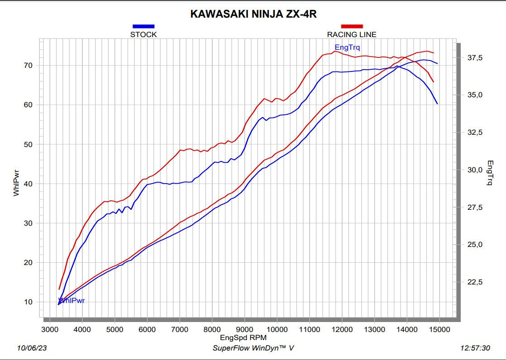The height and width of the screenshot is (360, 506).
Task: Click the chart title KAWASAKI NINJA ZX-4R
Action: point(253,14)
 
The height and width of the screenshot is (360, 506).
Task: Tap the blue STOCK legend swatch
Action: point(143,26)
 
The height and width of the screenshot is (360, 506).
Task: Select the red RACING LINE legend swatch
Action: point(352,26)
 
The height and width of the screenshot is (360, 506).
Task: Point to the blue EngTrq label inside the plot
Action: point(347,47)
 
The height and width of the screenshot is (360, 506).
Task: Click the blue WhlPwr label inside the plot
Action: point(72,300)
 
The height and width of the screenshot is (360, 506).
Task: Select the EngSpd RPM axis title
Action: point(243,337)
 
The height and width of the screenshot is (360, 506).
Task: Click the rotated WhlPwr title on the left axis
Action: point(16,184)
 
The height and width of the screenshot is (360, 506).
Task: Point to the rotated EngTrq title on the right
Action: point(490,173)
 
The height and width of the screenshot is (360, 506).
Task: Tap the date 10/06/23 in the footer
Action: point(31,348)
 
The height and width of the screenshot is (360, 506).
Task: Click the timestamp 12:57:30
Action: point(475,348)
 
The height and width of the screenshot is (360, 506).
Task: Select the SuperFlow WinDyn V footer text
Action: point(253,348)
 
